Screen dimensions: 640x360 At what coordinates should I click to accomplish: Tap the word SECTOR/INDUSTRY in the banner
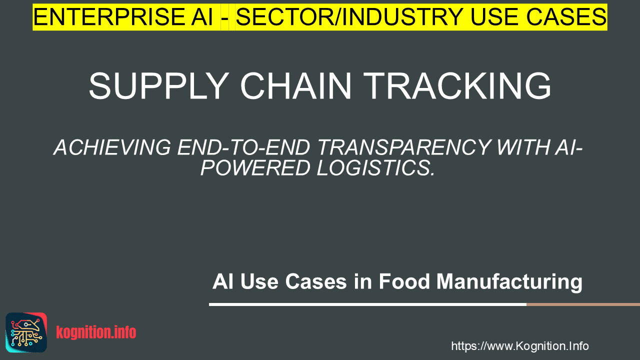click(349, 17)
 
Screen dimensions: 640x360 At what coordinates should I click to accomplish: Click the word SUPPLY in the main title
click(159, 86)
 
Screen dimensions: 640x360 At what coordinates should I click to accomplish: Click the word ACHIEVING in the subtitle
click(112, 147)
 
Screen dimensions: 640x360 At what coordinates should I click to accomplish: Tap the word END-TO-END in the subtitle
click(243, 147)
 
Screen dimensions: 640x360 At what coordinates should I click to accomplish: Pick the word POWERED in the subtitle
click(255, 167)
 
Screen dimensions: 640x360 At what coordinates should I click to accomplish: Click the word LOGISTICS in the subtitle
click(375, 167)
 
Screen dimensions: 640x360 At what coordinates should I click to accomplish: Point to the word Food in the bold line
click(404, 281)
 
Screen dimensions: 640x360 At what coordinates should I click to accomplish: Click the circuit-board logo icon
click(26, 332)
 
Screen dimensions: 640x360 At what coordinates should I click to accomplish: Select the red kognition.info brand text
click(96, 332)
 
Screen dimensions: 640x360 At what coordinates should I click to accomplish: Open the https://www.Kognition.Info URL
click(519, 346)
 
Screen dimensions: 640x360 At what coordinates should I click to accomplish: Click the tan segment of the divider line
click(583, 304)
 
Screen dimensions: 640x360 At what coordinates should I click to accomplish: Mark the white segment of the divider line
click(367, 304)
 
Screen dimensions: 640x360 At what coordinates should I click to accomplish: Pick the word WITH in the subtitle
click(522, 147)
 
